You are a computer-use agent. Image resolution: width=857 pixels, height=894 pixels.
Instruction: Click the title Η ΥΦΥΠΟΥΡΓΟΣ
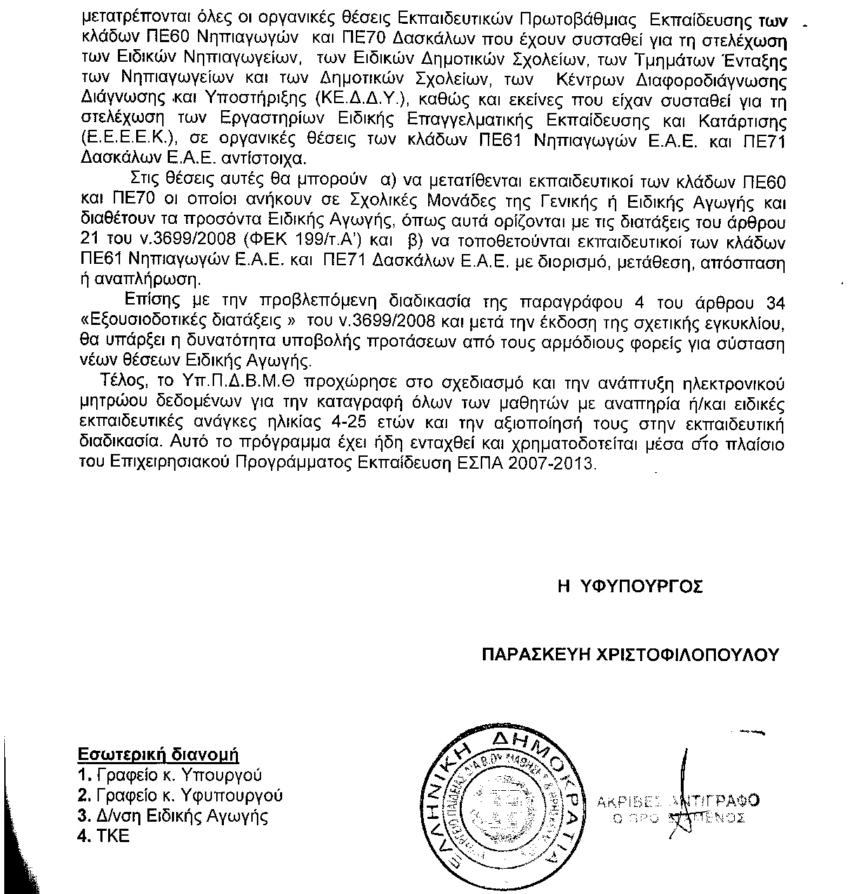click(630, 587)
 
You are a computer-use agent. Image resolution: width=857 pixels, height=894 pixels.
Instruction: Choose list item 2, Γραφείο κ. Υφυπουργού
click(180, 796)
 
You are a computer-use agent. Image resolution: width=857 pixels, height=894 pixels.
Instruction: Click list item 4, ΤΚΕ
click(104, 836)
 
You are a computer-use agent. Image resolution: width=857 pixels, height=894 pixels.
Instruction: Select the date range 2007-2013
click(559, 464)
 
